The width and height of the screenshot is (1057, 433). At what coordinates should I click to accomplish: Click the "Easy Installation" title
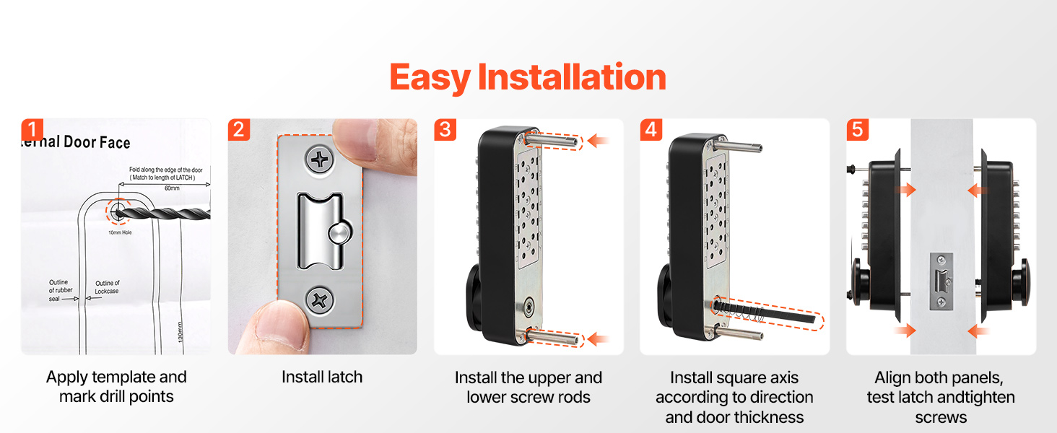[x=528, y=77]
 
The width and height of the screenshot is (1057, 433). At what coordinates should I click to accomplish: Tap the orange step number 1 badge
[x=32, y=130]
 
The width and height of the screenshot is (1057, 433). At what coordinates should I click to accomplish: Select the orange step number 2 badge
[x=239, y=130]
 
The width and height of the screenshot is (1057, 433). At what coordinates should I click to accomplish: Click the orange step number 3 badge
[x=445, y=130]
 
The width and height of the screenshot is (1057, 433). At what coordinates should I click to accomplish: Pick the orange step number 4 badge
[x=651, y=130]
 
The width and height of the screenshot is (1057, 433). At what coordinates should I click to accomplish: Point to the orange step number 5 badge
[x=858, y=130]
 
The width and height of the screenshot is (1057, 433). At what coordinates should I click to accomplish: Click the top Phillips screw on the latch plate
[x=320, y=159]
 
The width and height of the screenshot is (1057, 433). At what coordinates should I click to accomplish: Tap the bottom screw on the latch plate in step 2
[x=319, y=300]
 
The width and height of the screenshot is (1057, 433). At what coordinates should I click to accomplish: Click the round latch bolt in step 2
[x=340, y=233]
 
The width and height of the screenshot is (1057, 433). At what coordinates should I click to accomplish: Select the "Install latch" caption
[x=322, y=377]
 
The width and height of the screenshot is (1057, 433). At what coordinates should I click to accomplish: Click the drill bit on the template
[x=162, y=214]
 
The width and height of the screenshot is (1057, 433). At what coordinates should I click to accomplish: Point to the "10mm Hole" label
[x=120, y=232]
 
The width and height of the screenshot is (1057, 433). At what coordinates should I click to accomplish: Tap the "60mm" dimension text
[x=172, y=188]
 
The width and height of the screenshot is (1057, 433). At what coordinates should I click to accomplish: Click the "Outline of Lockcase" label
[x=107, y=287]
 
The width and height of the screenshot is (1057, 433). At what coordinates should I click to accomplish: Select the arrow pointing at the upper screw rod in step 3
[x=599, y=141]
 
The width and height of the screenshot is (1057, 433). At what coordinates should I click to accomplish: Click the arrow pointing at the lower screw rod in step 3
[x=599, y=338]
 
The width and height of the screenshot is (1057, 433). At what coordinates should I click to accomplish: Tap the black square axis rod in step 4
[x=765, y=312]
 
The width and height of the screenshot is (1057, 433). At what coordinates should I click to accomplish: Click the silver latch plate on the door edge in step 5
[x=941, y=281]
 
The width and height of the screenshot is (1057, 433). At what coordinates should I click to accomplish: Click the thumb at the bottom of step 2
[x=279, y=325]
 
